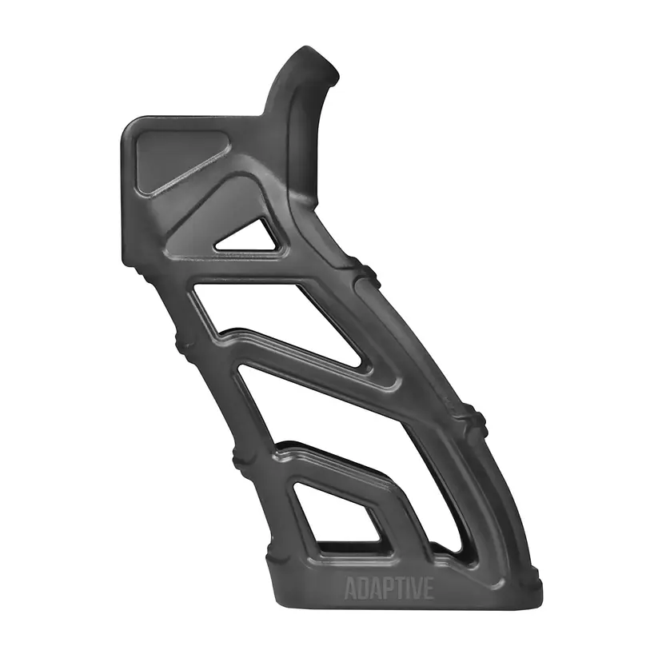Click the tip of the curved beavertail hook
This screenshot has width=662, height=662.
(x=333, y=73)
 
